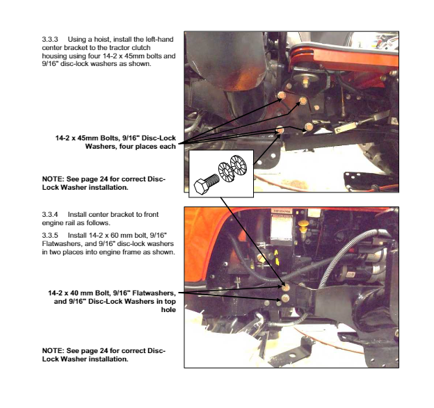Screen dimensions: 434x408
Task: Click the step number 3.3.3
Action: [x=50, y=40]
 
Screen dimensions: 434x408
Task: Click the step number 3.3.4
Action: [x=50, y=214]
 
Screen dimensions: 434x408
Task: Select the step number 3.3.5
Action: [x=50, y=236]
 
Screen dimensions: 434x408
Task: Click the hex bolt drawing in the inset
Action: [x=206, y=183]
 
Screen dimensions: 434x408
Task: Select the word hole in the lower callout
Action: [x=168, y=309]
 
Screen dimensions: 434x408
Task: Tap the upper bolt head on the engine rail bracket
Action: [x=286, y=288]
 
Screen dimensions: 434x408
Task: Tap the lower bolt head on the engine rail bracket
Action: [x=285, y=298]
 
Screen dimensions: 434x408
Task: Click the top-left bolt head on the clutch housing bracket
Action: [x=282, y=95]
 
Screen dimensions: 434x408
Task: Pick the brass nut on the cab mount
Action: [x=305, y=82]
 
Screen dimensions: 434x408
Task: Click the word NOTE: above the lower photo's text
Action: [x=53, y=351]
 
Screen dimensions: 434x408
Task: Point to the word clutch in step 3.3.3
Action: [x=141, y=47]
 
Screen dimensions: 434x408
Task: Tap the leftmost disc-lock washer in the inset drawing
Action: [x=225, y=172]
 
